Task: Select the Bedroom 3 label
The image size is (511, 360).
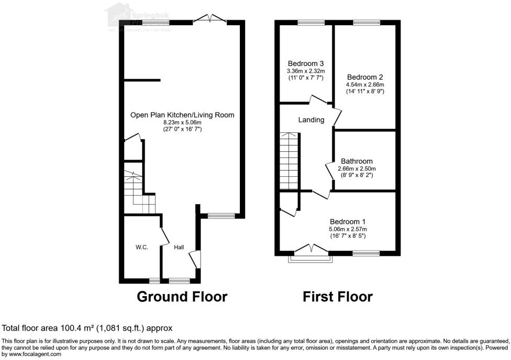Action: (305, 64)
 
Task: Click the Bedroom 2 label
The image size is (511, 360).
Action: (365, 77)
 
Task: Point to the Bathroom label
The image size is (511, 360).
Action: (357, 161)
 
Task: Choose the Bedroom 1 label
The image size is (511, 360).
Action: (348, 221)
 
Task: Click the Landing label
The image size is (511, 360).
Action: (311, 120)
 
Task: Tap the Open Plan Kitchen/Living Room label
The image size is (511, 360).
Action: (182, 115)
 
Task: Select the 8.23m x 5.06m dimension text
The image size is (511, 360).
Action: (182, 122)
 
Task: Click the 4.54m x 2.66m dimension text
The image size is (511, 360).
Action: (365, 84)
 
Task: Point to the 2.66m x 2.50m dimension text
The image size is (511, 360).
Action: (357, 168)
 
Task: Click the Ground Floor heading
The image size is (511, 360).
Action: (182, 297)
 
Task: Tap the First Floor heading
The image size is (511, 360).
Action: (338, 297)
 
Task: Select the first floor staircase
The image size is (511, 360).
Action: (289, 161)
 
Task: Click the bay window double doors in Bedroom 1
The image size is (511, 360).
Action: (309, 249)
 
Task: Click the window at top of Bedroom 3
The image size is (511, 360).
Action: (311, 22)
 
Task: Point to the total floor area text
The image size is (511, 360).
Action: (87, 329)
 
